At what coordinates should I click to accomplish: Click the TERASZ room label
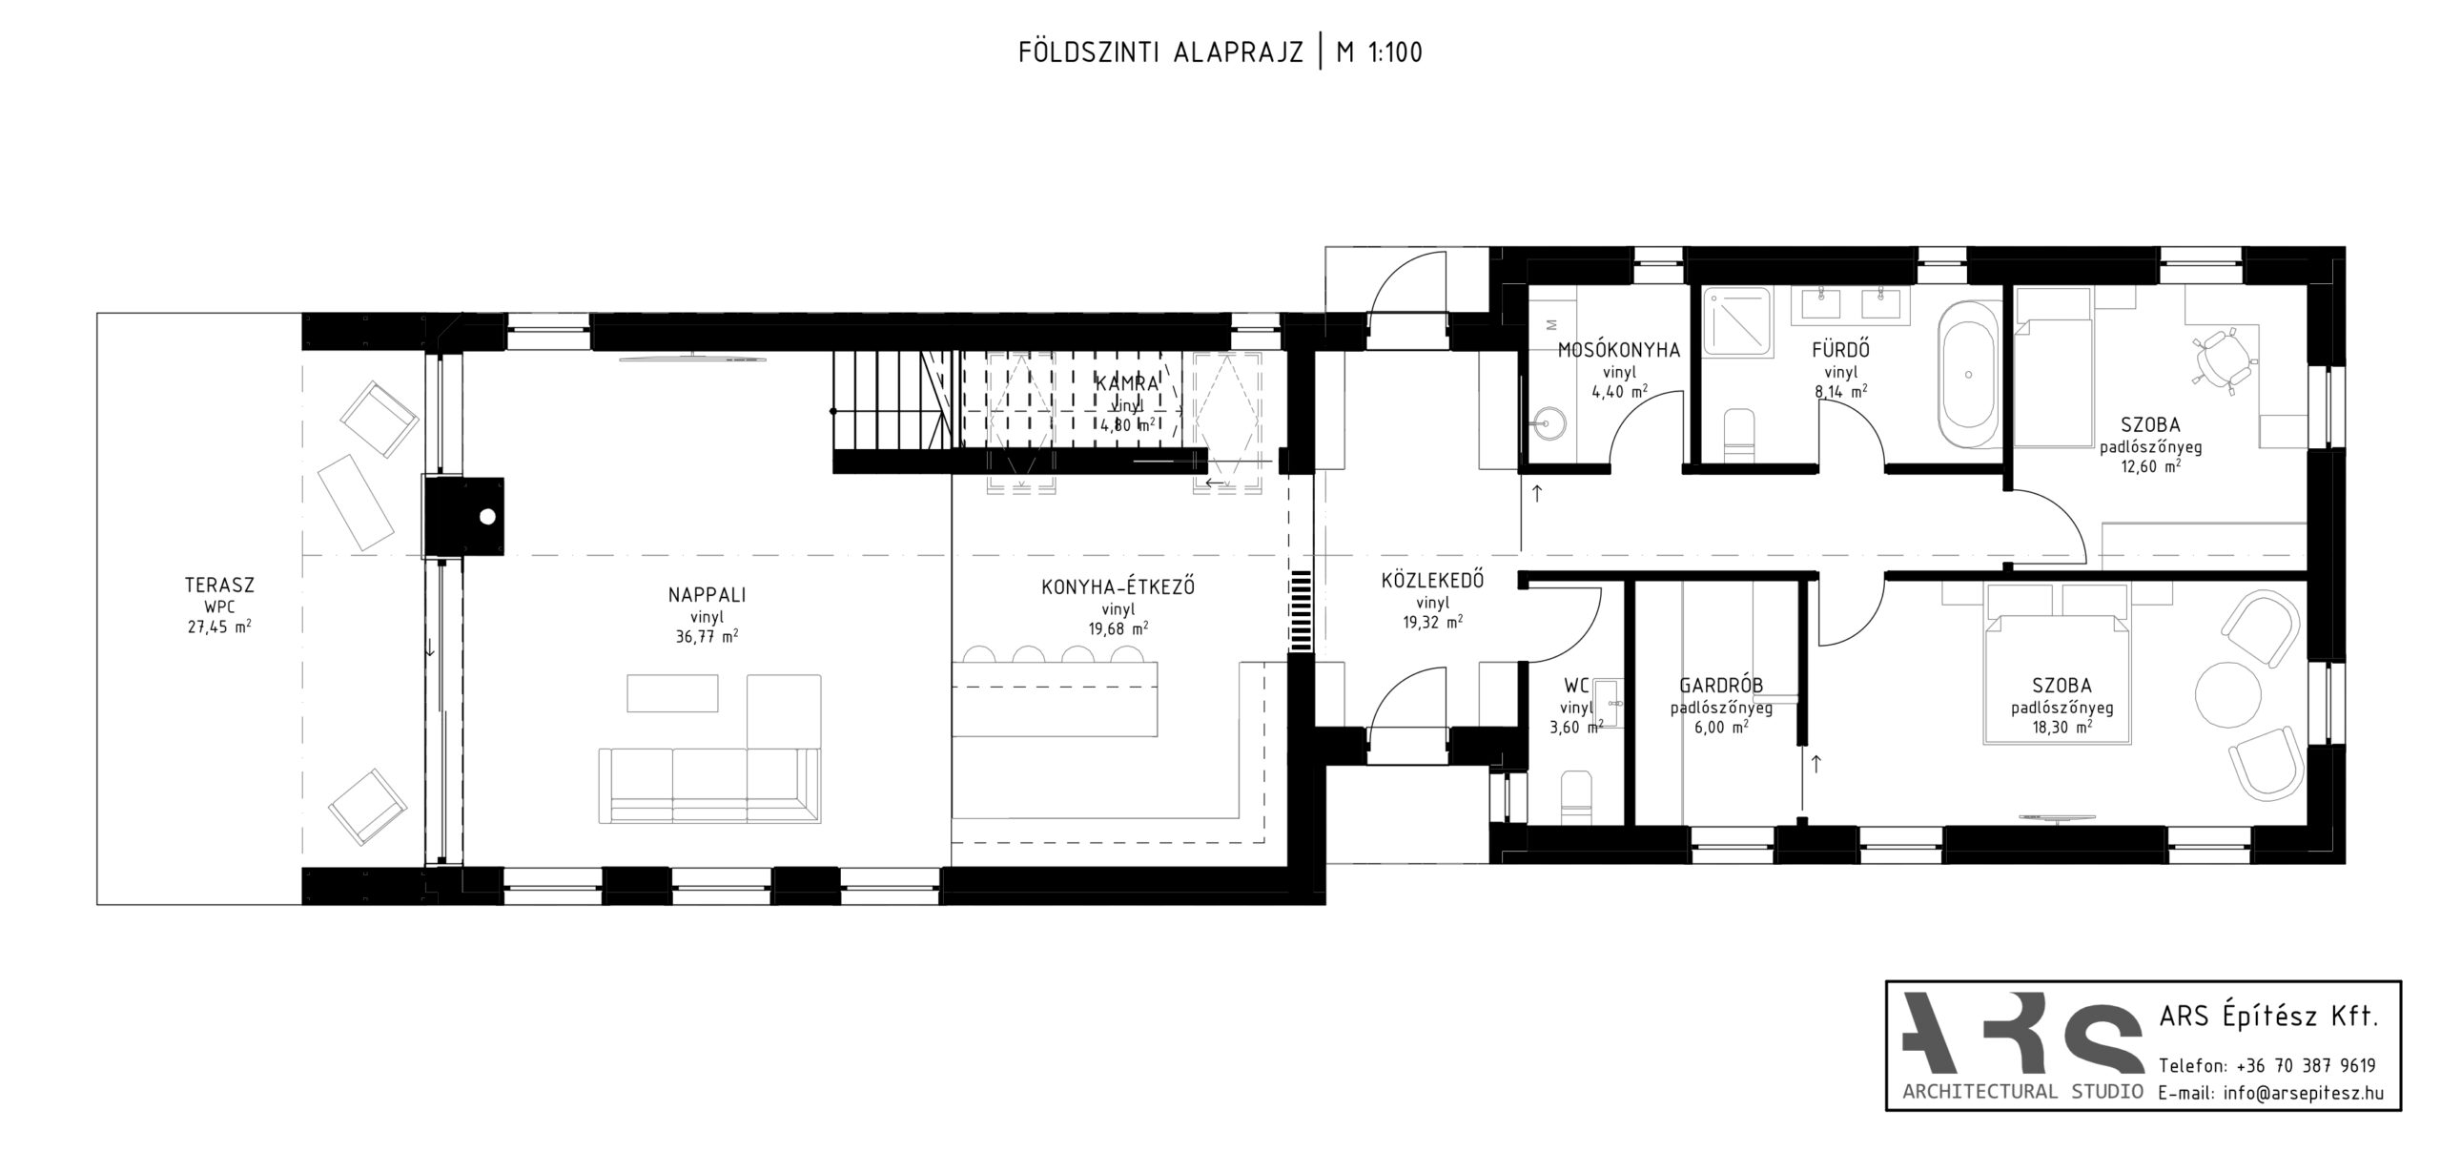pos(220,585)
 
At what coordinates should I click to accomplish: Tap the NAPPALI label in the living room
pos(707,595)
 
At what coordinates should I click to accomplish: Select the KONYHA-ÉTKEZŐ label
pos(1118,587)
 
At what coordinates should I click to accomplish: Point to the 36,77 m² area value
pos(707,637)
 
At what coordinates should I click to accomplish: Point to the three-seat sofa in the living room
pos(709,785)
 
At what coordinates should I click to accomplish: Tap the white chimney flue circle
pos(488,517)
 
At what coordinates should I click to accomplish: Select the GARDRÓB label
pos(1720,685)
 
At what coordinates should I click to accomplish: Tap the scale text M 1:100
pos(1380,52)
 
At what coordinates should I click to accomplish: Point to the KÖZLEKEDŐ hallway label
pos(1432,580)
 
